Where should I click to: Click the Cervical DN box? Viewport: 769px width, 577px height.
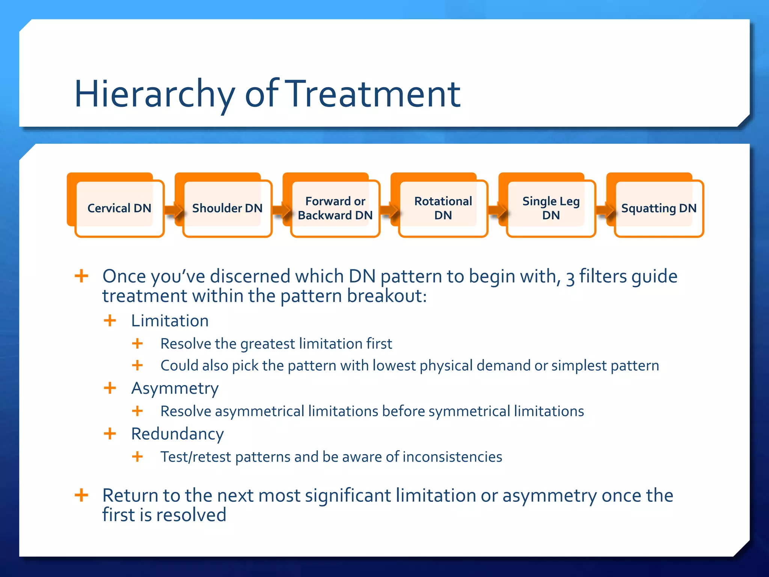pyautogui.click(x=119, y=208)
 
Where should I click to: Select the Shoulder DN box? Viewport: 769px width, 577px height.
pyautogui.click(x=227, y=208)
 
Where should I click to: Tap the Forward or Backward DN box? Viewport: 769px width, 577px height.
pyautogui.click(x=335, y=208)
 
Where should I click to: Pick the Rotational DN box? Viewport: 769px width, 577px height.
pyautogui.click(x=443, y=208)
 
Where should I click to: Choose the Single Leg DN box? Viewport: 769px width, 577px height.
pyautogui.click(x=551, y=208)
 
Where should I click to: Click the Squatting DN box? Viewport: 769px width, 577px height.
pyautogui.click(x=659, y=208)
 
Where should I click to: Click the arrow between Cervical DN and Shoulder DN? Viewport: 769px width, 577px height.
pyautogui.click(x=173, y=210)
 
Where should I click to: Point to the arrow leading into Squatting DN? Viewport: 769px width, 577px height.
pyautogui.click(x=605, y=210)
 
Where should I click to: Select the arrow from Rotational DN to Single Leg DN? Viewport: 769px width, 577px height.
pyautogui.click(x=497, y=210)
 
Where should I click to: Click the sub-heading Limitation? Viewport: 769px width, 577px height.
pyautogui.click(x=170, y=321)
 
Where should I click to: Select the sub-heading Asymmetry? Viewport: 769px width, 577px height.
pyautogui.click(x=175, y=388)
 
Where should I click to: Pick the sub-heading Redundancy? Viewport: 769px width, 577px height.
pyautogui.click(x=177, y=434)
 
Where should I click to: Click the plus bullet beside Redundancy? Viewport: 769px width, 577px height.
pyautogui.click(x=110, y=434)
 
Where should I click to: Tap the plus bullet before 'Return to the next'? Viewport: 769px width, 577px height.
pyautogui.click(x=81, y=495)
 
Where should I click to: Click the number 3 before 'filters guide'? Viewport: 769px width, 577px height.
pyautogui.click(x=570, y=278)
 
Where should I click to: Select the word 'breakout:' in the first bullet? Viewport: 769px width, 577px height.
pyautogui.click(x=387, y=296)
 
